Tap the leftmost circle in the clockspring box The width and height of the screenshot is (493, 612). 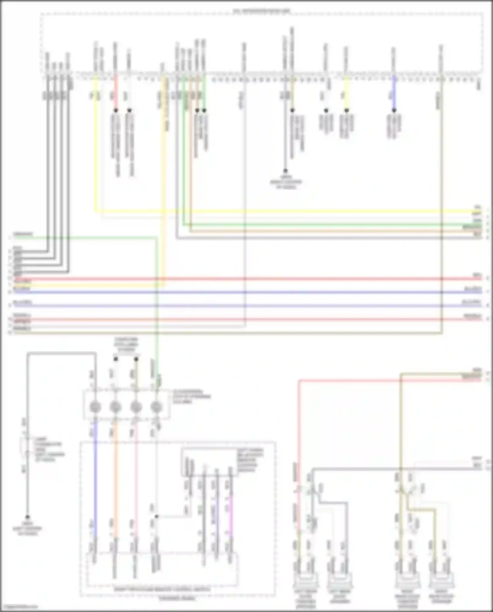(95, 407)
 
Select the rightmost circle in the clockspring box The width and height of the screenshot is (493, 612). (156, 407)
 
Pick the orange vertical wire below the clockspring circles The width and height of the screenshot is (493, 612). (115, 477)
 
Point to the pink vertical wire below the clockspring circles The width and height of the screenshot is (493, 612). (136, 477)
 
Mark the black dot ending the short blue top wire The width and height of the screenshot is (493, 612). (394, 110)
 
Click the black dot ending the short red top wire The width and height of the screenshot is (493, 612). (116, 110)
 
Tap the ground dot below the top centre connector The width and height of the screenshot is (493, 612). (285, 171)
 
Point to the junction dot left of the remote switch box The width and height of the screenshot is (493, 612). (156, 517)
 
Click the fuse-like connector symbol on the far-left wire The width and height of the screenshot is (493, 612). (25, 447)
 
